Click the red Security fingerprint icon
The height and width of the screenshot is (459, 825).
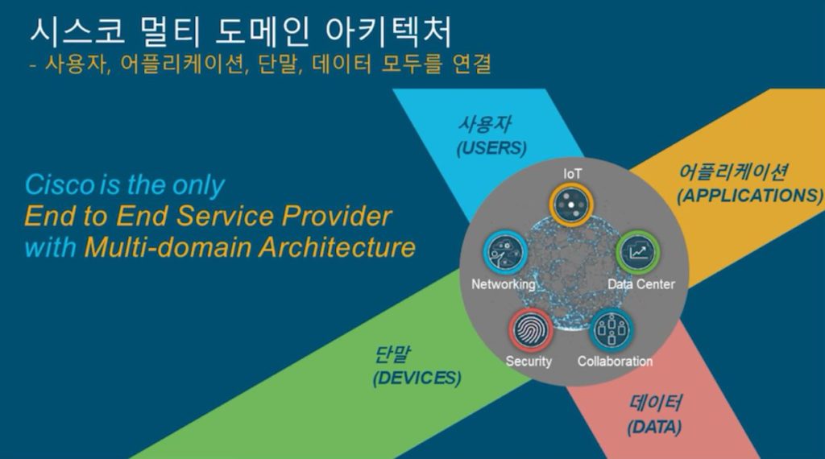(530, 329)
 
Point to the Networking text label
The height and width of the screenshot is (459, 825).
(503, 284)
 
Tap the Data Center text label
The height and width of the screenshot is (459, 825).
(641, 284)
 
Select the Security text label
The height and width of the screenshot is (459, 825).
(529, 361)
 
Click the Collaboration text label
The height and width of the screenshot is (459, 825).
(615, 361)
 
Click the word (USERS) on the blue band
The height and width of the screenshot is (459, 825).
(491, 148)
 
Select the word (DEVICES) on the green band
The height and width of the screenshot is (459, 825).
(417, 378)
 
